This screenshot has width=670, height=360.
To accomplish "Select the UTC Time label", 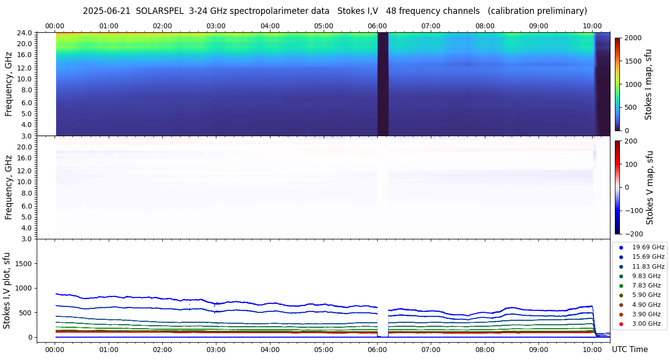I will pos(630,350).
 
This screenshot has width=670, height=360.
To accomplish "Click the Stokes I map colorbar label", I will pos(648,84).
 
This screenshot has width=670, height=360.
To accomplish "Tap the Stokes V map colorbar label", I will pos(650,188).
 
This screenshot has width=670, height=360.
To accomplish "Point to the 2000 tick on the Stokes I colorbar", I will pos(632,38).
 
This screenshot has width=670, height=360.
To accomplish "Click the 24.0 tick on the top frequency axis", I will pos(26,33).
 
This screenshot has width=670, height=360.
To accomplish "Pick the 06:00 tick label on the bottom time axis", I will pos(378,350).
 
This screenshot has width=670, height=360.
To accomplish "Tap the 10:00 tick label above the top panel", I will pos(592,26).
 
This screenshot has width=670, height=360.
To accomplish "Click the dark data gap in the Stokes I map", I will pos(383,84).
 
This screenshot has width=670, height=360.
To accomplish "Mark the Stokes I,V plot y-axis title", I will pos(7,290).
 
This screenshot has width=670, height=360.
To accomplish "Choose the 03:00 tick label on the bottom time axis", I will pos(216,350).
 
